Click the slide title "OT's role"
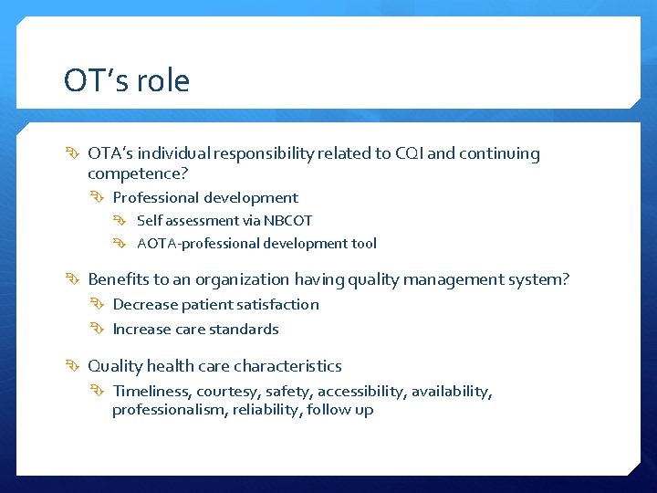pos(127,81)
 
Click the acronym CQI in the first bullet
pos(407,153)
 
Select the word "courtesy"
pos(229,392)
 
